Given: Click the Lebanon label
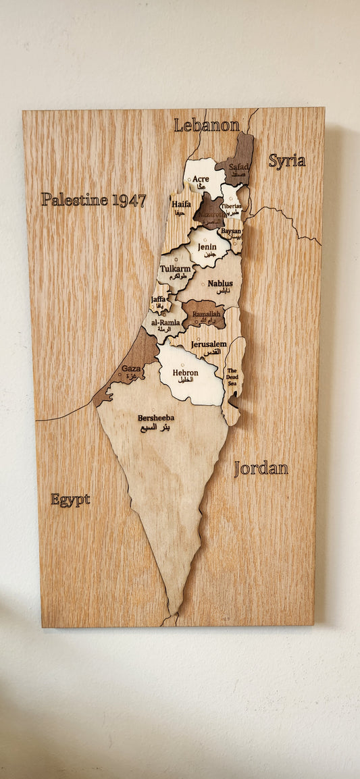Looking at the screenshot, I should [x=207, y=125].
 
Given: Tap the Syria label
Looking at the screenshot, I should [x=286, y=161].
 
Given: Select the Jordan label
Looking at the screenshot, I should [x=261, y=468].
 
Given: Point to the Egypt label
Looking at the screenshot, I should [x=70, y=500].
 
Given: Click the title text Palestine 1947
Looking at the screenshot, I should [x=93, y=199].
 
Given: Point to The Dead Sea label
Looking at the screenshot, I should [x=232, y=376].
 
